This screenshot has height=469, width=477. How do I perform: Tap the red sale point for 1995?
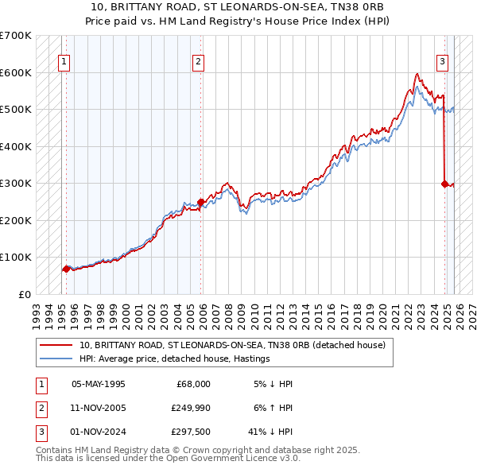pos(65,269)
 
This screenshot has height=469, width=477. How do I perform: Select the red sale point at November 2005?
pos(201,202)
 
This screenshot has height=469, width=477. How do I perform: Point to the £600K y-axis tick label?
pos(16,72)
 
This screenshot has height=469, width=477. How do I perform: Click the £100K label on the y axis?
pos(16,258)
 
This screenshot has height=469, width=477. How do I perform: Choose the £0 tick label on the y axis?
pos(24,294)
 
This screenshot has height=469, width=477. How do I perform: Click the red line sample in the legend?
pos(56,345)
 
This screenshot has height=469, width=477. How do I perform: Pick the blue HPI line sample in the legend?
pos(56,359)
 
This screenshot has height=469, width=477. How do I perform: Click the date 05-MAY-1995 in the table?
pos(99,383)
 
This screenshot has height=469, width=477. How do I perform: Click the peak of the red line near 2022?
pos(417,74)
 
